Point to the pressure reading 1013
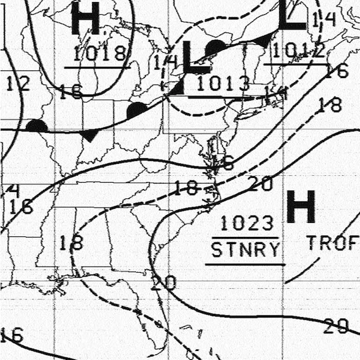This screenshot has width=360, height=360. tap(223, 84)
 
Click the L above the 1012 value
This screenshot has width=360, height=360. tap(291, 15)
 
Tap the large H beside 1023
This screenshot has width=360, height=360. tap(301, 207)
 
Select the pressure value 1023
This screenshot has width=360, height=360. tap(246, 224)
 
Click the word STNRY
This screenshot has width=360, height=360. tap(245, 249)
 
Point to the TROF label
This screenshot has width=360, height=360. tap(333, 243)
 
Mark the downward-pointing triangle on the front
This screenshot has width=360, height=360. tap(89, 135)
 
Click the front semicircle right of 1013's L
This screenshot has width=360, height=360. tap(217, 46)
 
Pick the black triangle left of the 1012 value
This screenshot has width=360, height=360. tap(263, 40)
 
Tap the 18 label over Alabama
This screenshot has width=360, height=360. tap(71, 243)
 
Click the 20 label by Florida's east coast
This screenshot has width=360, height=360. tap(163, 283)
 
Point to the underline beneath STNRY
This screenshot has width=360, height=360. tap(245, 264)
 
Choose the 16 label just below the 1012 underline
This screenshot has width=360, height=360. tap(337, 71)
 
